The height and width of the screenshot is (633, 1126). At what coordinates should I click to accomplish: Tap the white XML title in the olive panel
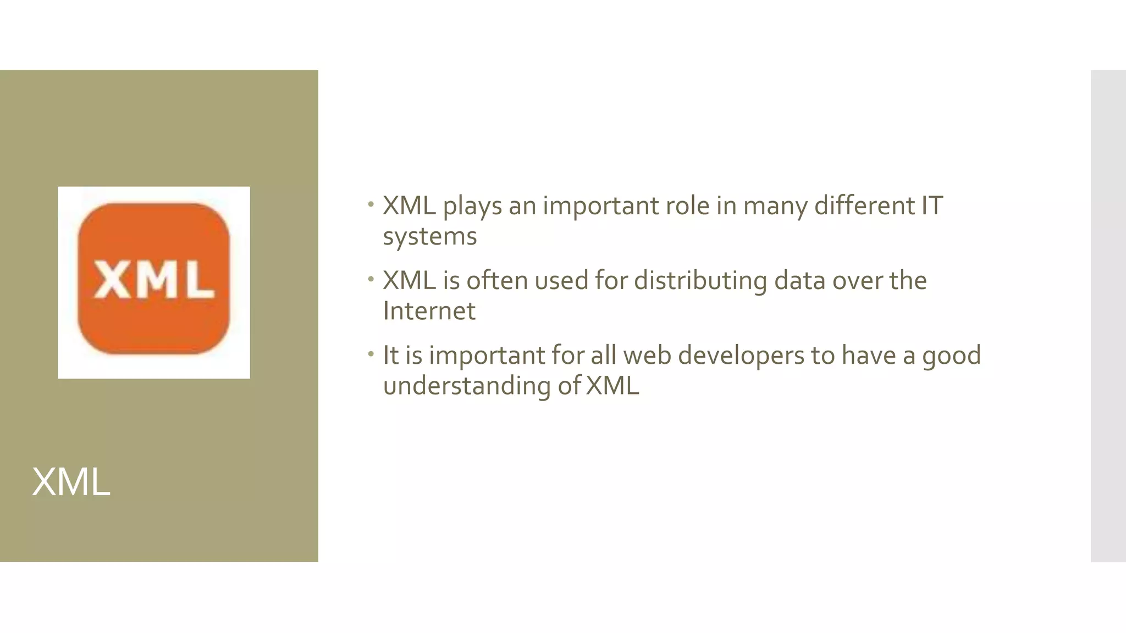tap(71, 482)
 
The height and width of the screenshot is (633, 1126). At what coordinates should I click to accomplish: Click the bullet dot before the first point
tap(371, 205)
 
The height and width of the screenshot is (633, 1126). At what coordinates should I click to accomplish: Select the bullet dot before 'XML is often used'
tap(371, 280)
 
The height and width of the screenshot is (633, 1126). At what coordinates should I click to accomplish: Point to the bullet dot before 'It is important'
tap(371, 354)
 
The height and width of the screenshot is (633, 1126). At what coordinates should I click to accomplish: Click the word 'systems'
tap(430, 237)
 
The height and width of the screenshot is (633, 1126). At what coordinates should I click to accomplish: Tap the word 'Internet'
tap(429, 311)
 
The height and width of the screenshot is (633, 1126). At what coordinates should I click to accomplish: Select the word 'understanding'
tap(467, 386)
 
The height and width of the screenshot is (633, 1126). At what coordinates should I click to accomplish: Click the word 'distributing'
tap(700, 281)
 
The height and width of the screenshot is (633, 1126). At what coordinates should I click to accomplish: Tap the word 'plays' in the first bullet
tap(472, 207)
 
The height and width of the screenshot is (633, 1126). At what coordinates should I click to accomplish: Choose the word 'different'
tap(865, 206)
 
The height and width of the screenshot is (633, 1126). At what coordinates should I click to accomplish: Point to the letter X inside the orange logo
tap(112, 280)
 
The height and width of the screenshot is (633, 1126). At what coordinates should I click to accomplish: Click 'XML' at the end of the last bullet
tap(612, 386)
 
